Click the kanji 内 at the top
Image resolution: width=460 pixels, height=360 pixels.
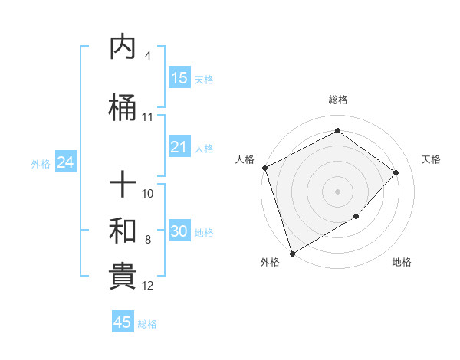(x=123, y=47)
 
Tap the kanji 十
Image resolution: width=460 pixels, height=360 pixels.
(x=123, y=184)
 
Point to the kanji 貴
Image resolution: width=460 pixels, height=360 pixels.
(x=123, y=277)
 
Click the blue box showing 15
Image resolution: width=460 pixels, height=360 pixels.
(x=179, y=78)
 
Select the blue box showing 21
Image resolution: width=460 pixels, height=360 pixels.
(x=179, y=147)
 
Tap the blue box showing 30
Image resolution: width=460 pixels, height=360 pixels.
(x=179, y=231)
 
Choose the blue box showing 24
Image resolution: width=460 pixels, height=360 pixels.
(x=65, y=162)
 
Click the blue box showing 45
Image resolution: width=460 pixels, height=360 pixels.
(x=123, y=322)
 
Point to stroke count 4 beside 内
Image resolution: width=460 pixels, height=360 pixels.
(x=147, y=56)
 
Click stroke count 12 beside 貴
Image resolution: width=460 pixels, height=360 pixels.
(x=148, y=286)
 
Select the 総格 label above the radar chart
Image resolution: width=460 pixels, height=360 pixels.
(x=338, y=100)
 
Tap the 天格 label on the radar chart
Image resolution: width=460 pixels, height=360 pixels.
(x=431, y=159)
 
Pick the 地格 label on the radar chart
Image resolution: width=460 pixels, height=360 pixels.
(x=402, y=262)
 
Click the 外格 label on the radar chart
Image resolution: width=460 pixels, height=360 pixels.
(x=269, y=262)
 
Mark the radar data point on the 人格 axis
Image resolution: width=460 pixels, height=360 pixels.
(x=264, y=168)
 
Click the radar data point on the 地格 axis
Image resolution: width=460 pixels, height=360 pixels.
(x=356, y=217)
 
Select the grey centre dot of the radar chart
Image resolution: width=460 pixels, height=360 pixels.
(x=337, y=191)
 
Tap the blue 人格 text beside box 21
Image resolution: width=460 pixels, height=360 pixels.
(x=204, y=148)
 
